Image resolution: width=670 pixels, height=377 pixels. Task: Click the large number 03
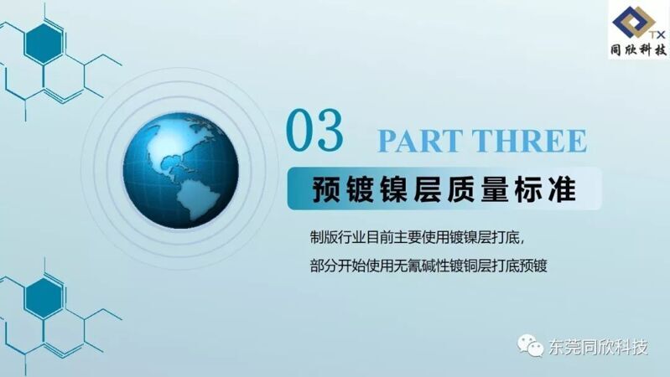[314, 130]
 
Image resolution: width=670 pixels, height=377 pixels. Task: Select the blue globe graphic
[181, 171]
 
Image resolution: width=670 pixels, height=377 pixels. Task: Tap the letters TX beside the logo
[657, 34]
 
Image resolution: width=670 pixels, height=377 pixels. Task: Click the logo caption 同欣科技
[638, 50]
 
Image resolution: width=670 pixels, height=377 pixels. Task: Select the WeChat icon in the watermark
[530, 346]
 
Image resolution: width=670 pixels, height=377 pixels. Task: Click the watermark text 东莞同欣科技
[598, 347]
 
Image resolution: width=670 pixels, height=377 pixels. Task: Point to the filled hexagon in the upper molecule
[44, 44]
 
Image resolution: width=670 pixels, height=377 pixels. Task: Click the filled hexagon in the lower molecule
[44, 298]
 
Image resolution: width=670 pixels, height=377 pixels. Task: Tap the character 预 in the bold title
[326, 189]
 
